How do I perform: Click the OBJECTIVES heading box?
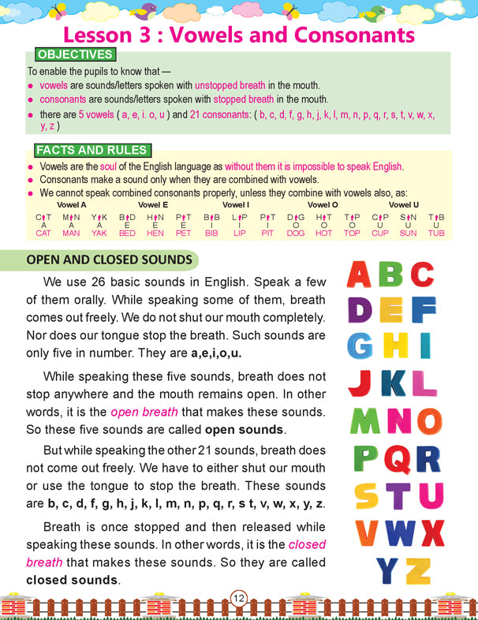[74, 55]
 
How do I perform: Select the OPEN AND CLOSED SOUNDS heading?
[109, 260]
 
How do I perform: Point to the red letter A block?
[359, 274]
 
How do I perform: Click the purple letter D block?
[359, 310]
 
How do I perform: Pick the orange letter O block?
[428, 421]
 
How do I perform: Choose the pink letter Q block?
[393, 458]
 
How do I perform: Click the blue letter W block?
[400, 533]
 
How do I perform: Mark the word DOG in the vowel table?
[296, 233]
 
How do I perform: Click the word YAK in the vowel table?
[99, 233]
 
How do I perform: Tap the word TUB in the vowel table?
[436, 233]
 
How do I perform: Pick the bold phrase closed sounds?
[71, 580]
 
